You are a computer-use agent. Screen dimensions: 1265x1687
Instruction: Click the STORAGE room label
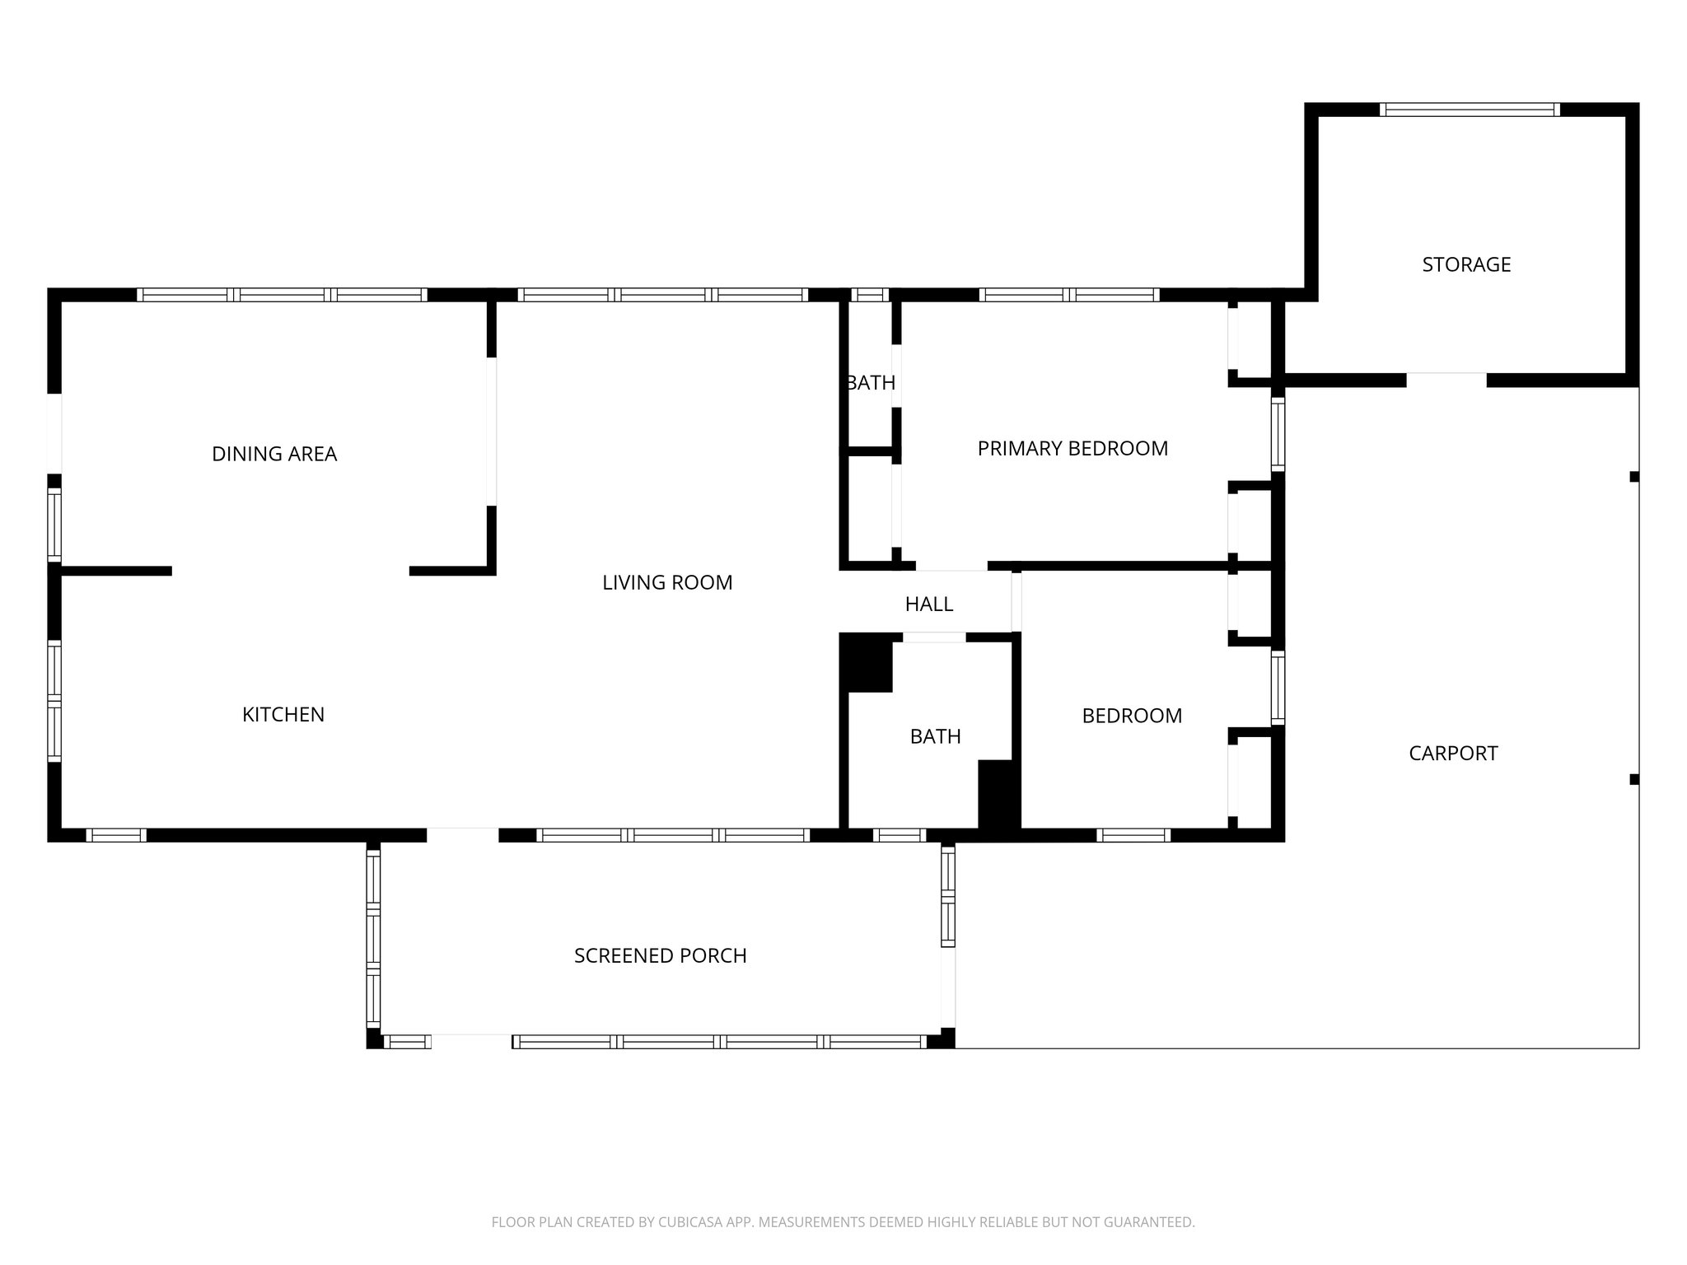[1466, 264]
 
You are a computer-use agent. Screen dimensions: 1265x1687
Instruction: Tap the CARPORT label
[1453, 753]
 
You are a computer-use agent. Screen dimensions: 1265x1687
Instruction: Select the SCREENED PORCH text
[660, 955]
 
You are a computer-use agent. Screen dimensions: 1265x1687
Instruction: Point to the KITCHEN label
[283, 714]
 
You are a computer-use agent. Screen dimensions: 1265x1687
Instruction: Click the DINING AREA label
[274, 454]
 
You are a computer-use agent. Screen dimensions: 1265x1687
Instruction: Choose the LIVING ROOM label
[667, 582]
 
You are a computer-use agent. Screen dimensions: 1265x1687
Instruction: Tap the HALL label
[929, 604]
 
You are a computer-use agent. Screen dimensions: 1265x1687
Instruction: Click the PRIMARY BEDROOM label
[1072, 448]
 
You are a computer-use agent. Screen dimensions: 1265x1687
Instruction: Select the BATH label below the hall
[935, 736]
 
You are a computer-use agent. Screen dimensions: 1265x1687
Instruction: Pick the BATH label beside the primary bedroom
[871, 383]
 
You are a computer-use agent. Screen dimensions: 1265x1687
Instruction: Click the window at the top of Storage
[1470, 110]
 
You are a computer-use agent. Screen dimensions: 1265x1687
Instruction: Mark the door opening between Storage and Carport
[1446, 380]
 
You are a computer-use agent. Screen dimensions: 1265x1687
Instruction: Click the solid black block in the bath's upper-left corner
[866, 663]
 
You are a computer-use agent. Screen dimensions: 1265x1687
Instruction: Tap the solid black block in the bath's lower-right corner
[998, 795]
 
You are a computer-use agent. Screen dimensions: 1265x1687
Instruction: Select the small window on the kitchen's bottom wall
[116, 835]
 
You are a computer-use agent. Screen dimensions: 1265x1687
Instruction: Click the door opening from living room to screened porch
[462, 835]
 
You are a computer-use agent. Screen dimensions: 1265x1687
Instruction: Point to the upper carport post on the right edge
[1634, 476]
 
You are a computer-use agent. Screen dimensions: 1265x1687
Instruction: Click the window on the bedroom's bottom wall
[1133, 835]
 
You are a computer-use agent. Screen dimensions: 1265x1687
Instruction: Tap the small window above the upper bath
[870, 295]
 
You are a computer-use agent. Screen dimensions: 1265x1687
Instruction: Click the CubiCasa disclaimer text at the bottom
[843, 1222]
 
